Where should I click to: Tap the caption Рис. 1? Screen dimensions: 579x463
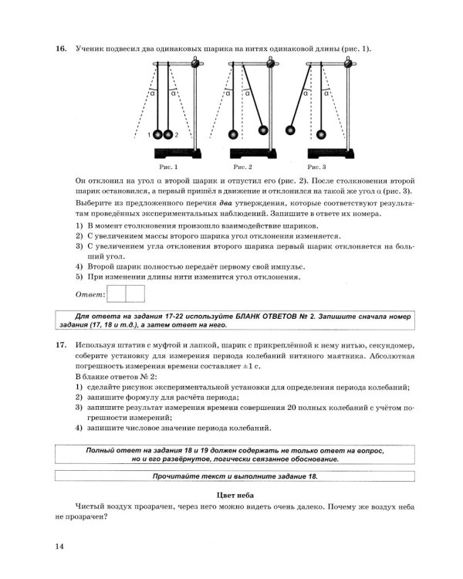tap(168, 166)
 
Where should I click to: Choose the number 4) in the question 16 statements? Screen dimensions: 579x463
tap(79, 264)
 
